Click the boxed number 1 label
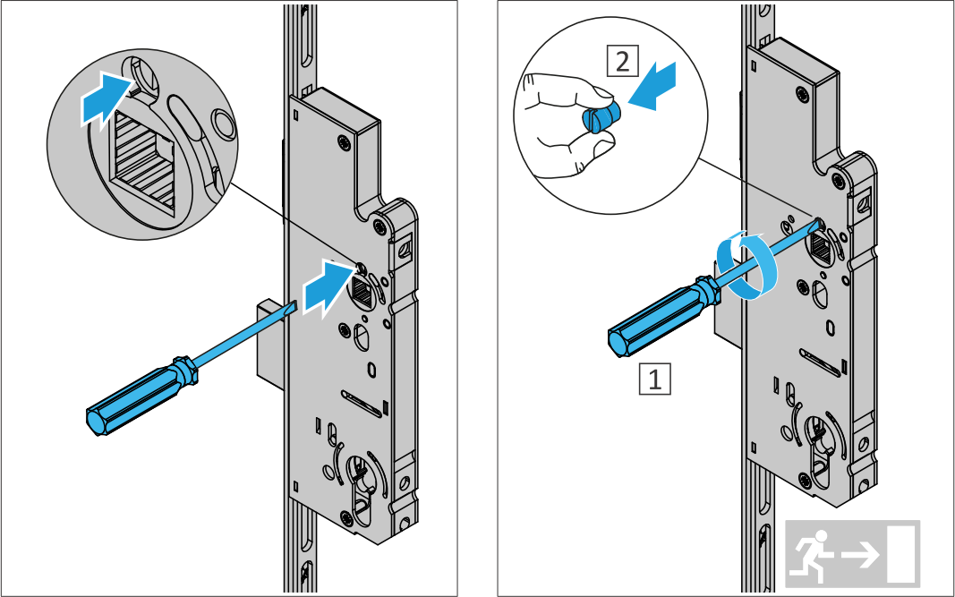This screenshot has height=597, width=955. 655,379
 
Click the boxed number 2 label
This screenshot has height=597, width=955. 622,62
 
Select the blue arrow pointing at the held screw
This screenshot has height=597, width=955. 652,86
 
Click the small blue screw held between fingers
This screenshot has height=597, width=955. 602,116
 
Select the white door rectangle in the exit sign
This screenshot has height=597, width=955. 902,554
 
